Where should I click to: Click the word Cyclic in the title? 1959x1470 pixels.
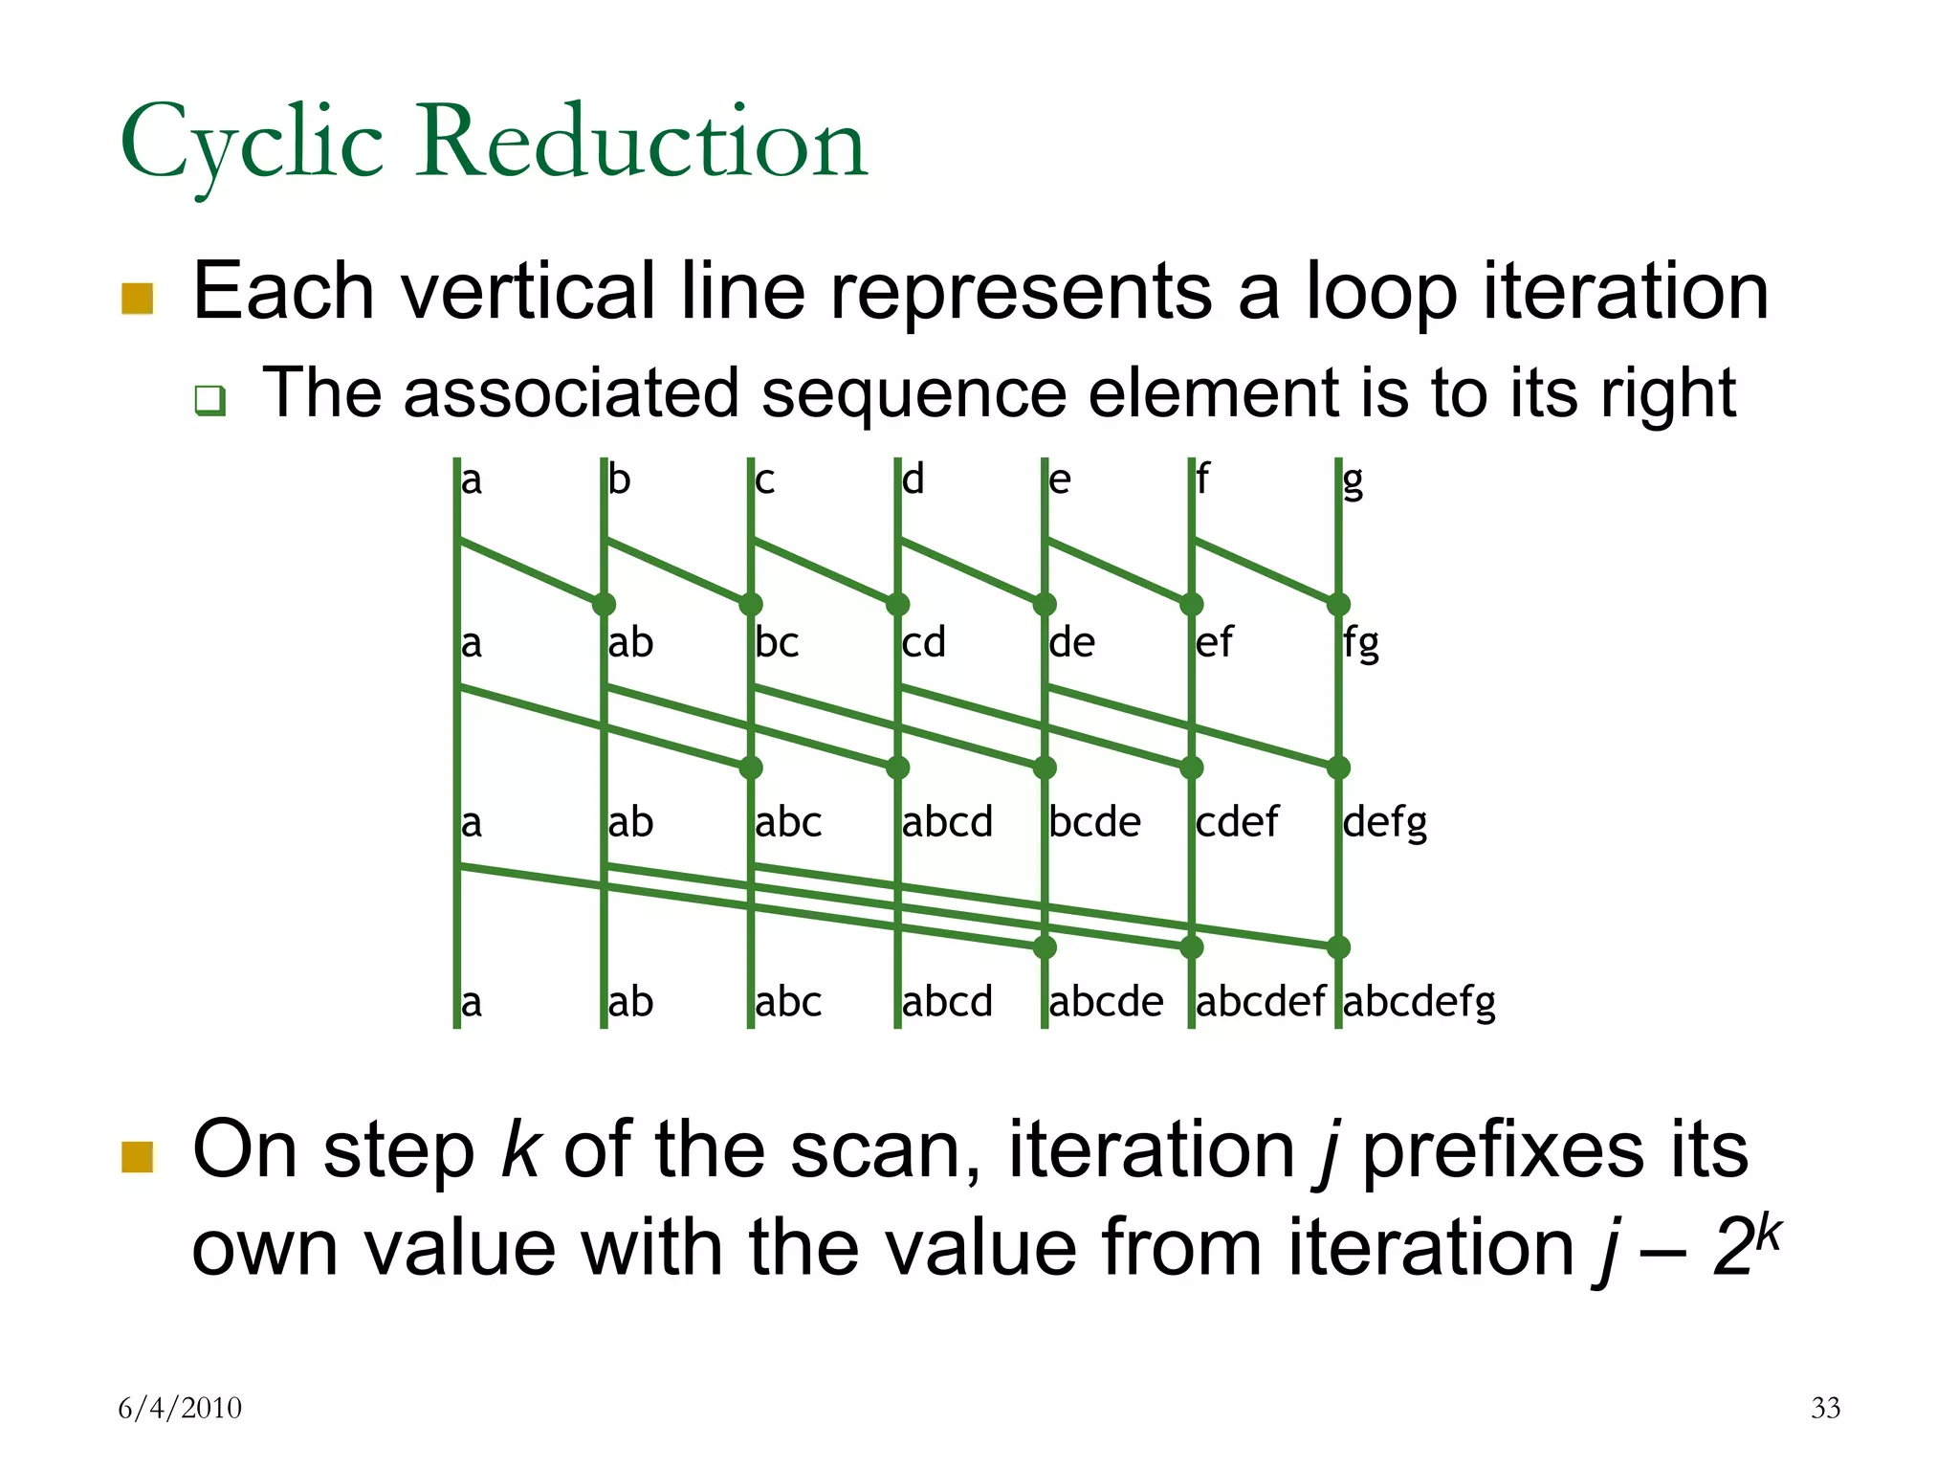coord(252,145)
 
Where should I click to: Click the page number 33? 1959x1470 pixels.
coord(1825,1408)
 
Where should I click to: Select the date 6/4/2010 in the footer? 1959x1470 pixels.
coord(180,1408)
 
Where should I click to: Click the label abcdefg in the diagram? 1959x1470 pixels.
coord(1420,1002)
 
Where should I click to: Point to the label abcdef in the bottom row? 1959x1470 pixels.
coord(1260,1002)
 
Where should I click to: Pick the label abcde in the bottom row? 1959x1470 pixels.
coord(1106,1002)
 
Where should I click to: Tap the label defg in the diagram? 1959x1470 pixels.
coord(1384,822)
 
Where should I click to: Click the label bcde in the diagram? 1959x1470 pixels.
coord(1094,822)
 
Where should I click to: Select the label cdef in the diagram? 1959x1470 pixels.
coord(1237,822)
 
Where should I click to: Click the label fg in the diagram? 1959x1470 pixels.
coord(1360,642)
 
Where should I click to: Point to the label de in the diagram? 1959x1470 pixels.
coord(1071,642)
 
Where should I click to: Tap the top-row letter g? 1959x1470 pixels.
coord(1353,480)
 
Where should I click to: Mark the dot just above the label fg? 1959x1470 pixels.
coord(1338,604)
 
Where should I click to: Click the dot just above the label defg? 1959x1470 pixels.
coord(1338,768)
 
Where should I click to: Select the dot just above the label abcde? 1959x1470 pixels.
coord(1045,947)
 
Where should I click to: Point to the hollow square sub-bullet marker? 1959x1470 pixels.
coord(209,399)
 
